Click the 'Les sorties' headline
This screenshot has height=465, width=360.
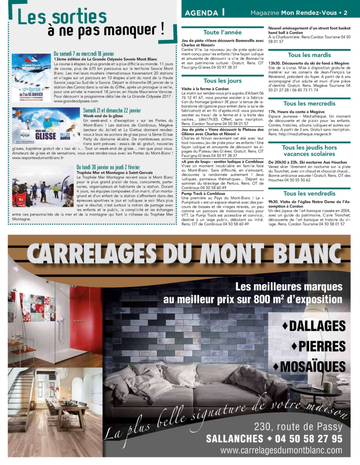pyautogui.click(x=62, y=17)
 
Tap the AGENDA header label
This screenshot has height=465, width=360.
pyautogui.click(x=201, y=13)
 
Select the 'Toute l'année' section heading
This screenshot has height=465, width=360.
pyautogui.click(x=222, y=32)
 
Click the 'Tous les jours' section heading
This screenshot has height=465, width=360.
pyautogui.click(x=222, y=81)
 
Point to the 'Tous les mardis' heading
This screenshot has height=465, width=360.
pyautogui.click(x=309, y=55)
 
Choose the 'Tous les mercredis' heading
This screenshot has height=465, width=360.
pyautogui.click(x=309, y=103)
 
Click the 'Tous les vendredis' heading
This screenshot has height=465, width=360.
pyautogui.click(x=309, y=193)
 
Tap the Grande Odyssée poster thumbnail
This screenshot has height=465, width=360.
pyautogui.click(x=31, y=78)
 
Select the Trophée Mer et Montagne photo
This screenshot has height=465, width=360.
pyautogui.click(x=43, y=187)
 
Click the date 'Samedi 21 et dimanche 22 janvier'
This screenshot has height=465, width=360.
pyautogui.click(x=112, y=110)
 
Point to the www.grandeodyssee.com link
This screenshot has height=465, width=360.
pyautogui.click(x=76, y=101)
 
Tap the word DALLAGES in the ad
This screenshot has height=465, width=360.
pyautogui.click(x=317, y=326)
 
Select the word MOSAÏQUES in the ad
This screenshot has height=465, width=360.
pyautogui.click(x=312, y=367)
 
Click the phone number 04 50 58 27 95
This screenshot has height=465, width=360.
pyautogui.click(x=309, y=439)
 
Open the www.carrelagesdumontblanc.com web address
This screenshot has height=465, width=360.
pyautogui.click(x=281, y=450)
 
